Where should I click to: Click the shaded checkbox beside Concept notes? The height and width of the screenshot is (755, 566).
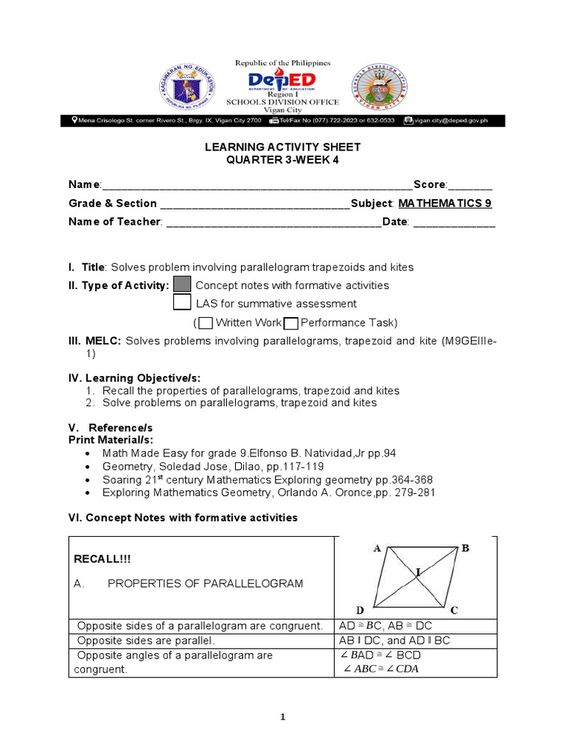[182, 285]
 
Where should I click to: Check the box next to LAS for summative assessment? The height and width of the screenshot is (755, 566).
[182, 303]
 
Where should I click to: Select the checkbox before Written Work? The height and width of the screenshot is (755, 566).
[206, 323]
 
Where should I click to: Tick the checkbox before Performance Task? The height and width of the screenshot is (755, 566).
[290, 323]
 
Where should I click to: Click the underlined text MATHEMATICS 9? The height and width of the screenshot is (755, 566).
[445, 203]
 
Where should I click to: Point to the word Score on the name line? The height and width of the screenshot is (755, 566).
[430, 184]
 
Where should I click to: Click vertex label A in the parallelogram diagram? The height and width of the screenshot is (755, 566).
[377, 548]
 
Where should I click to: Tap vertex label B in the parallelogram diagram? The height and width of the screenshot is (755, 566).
[465, 549]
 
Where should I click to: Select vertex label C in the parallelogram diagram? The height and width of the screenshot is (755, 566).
[455, 610]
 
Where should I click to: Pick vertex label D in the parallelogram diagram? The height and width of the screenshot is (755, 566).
[360, 610]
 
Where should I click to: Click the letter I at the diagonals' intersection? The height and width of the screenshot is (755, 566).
[418, 571]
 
